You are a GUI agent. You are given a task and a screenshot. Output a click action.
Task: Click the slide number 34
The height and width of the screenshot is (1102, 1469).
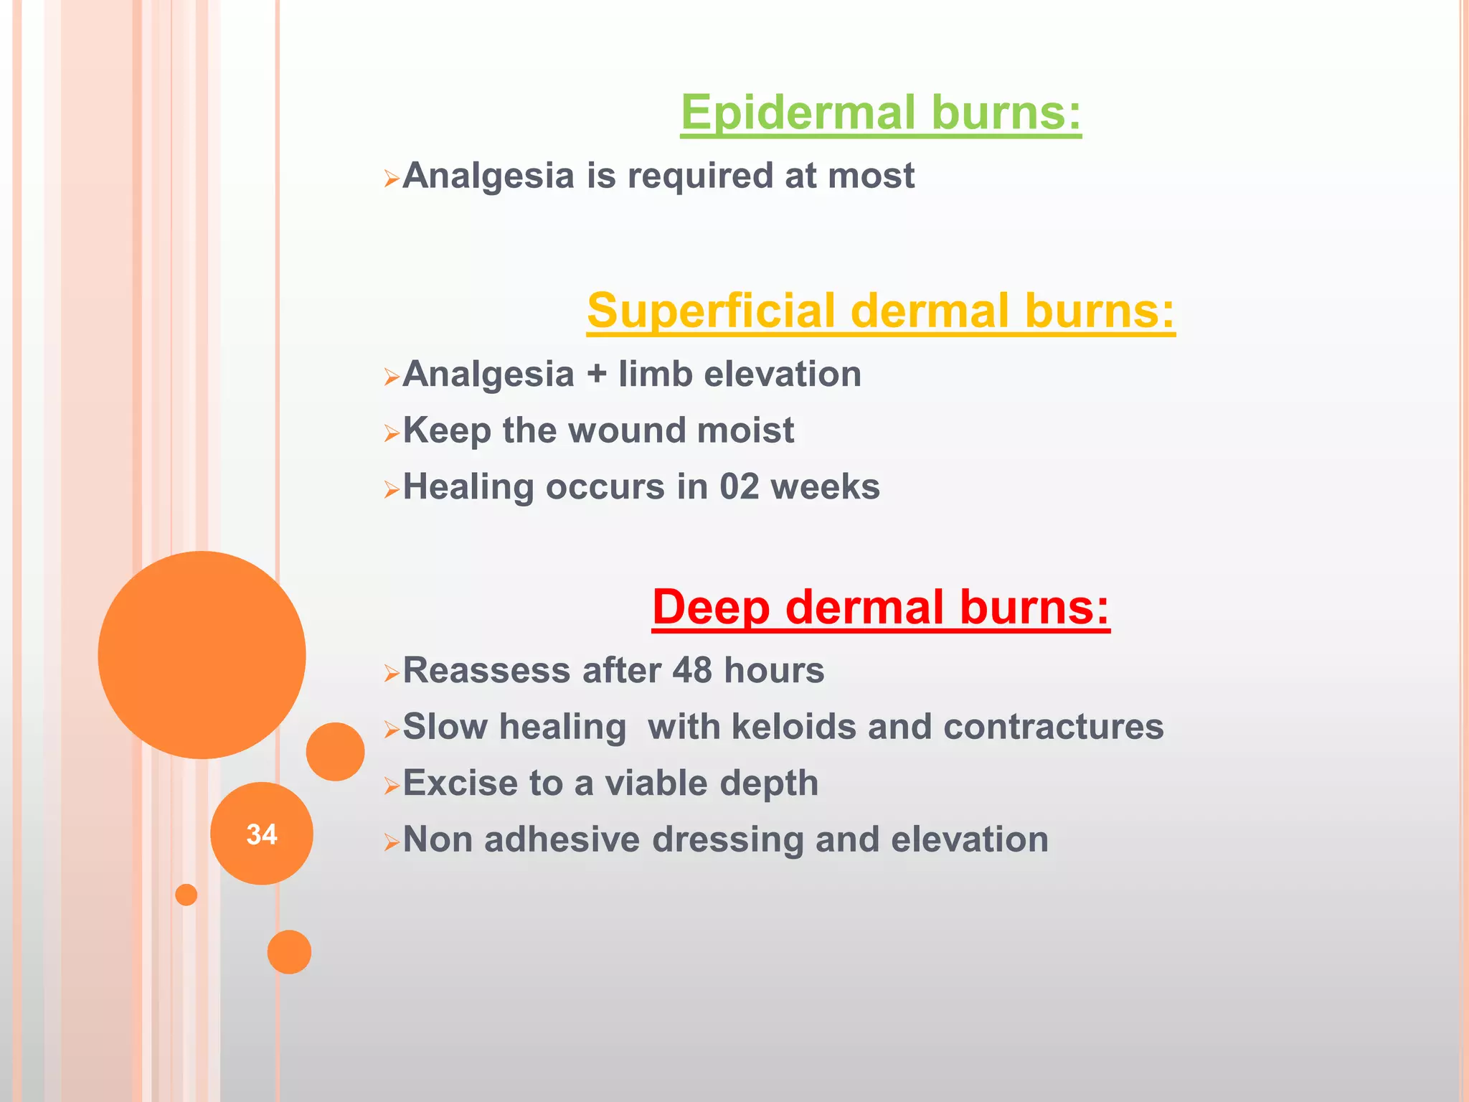pyautogui.click(x=261, y=834)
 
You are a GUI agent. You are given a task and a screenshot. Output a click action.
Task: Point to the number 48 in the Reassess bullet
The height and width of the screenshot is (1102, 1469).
pyautogui.click(x=692, y=670)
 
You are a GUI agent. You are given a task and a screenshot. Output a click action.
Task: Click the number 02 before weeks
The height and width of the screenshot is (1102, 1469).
pyautogui.click(x=740, y=486)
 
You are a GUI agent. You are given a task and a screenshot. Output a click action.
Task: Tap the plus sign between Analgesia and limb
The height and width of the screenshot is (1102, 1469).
pyautogui.click(x=596, y=375)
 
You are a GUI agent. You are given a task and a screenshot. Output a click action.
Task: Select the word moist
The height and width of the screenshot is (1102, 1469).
pyautogui.click(x=745, y=430)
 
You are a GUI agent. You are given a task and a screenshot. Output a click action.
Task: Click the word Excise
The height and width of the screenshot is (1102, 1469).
pyautogui.click(x=460, y=783)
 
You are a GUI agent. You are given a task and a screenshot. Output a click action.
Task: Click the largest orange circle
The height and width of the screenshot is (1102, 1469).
pyautogui.click(x=202, y=654)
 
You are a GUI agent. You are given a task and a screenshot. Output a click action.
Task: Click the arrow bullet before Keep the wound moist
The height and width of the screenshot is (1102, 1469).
pyautogui.click(x=391, y=433)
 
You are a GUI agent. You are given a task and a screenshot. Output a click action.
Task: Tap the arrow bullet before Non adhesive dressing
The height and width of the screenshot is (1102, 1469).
pyautogui.click(x=391, y=842)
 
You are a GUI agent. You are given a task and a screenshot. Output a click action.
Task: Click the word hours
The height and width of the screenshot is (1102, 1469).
pyautogui.click(x=774, y=670)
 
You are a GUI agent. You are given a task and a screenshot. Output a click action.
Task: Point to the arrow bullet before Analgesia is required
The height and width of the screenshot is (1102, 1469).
pyautogui.click(x=391, y=178)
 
